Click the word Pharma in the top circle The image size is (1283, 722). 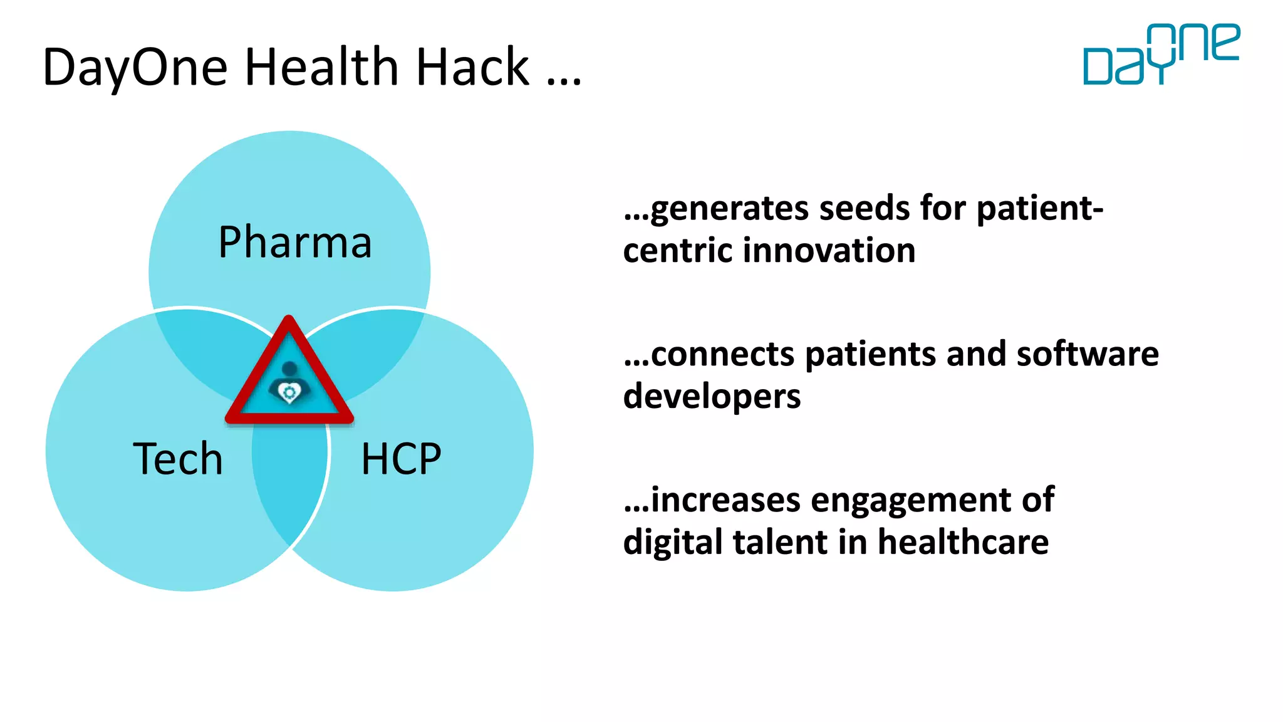tap(295, 243)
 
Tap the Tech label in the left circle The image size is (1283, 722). tap(178, 459)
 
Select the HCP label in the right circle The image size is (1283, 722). tap(401, 459)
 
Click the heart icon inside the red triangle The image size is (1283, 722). tap(289, 392)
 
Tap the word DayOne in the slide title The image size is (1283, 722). tap(135, 68)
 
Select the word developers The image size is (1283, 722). tap(712, 397)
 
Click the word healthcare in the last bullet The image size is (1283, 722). tap(963, 542)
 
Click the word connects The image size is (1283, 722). tap(723, 354)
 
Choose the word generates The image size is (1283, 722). tap(729, 209)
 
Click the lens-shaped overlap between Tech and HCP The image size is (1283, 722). tap(289, 483)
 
